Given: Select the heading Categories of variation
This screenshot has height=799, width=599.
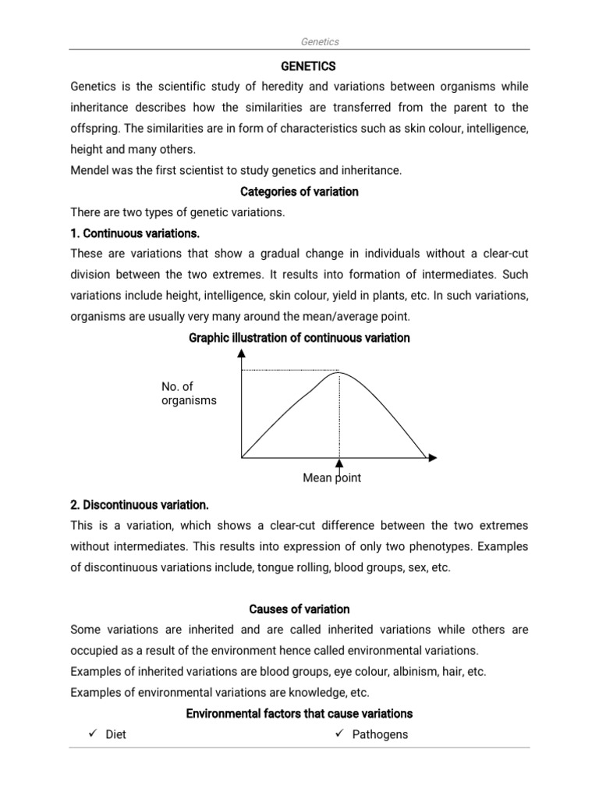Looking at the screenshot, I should click(x=299, y=191).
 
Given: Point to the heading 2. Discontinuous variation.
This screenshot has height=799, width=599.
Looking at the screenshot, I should click(x=139, y=504).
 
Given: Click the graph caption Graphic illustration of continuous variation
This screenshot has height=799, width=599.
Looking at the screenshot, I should click(x=299, y=338).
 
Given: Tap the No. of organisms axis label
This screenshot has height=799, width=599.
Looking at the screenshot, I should click(x=189, y=393).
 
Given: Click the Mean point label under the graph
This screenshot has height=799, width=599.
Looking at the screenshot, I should click(x=331, y=478).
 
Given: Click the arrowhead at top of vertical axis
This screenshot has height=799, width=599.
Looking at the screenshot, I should click(x=242, y=353).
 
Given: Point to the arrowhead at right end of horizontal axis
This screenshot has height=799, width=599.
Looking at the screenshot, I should click(x=433, y=457).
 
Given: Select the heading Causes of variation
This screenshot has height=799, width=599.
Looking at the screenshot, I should click(x=299, y=609).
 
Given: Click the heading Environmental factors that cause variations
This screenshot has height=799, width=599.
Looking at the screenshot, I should click(x=299, y=713).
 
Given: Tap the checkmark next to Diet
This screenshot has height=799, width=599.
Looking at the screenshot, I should click(x=92, y=734).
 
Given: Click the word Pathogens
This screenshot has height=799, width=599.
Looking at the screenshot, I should click(x=380, y=734).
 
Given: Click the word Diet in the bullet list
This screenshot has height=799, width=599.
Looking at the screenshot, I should click(x=115, y=734).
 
